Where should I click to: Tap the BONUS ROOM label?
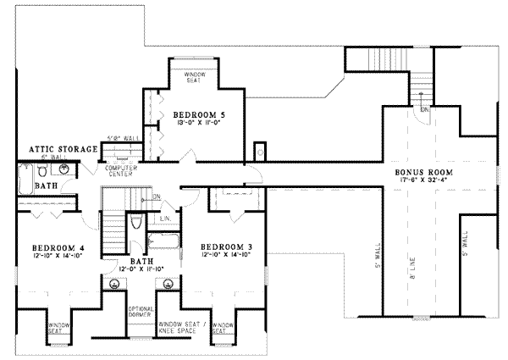pos(423,172)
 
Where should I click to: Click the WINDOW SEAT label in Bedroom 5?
pos(194,78)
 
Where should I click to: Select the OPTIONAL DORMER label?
pos(139,313)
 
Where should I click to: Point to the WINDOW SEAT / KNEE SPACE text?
pos(182,327)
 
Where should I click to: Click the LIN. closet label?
pos(165,218)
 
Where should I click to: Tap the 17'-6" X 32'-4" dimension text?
pos(423,180)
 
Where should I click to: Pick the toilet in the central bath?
pos(136,224)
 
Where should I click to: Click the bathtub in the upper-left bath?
pos(23,181)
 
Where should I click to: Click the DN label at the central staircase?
pos(157,198)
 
